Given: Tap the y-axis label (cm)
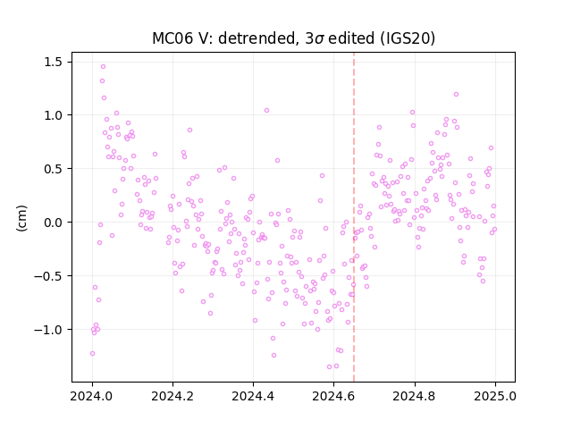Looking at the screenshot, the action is pyautogui.click(x=21, y=218).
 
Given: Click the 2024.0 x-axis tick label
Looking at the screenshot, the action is pyautogui.click(x=92, y=396).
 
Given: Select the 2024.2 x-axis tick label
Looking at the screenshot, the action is pyautogui.click(x=172, y=396).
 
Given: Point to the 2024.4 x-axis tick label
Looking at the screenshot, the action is pyautogui.click(x=253, y=396).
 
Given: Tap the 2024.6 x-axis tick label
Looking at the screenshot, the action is pyautogui.click(x=333, y=396).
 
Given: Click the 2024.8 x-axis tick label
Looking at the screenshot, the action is pyautogui.click(x=415, y=396).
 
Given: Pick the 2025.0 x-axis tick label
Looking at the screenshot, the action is pyautogui.click(x=495, y=396).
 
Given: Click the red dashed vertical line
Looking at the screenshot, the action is pyautogui.click(x=354, y=217).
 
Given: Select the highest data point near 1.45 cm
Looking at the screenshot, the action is pyautogui.click(x=104, y=67).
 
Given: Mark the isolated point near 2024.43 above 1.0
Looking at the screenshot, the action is pyautogui.click(x=266, y=110).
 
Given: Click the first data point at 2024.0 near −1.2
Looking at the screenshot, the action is pyautogui.click(x=92, y=354).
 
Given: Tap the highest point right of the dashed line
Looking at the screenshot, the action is pyautogui.click(x=456, y=95).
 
